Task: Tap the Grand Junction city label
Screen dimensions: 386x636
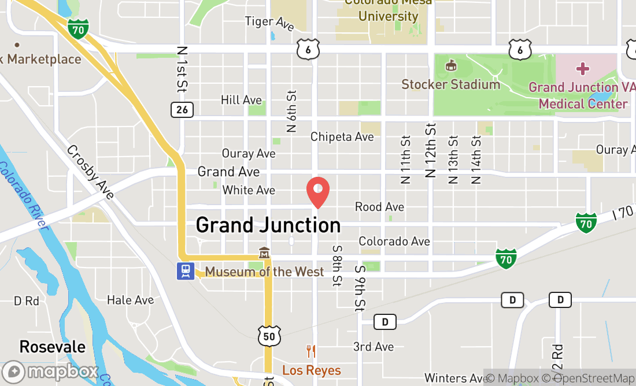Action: click(268, 225)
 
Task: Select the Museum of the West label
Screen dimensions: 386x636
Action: click(264, 272)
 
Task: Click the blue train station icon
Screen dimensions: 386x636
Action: click(185, 271)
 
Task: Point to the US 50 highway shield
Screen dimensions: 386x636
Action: click(269, 336)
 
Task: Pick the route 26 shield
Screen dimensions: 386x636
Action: click(182, 109)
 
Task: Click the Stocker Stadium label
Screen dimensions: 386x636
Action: click(451, 84)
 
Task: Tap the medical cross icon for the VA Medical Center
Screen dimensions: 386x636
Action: click(583, 69)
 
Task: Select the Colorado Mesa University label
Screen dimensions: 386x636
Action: click(388, 10)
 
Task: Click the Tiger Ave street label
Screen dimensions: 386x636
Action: click(269, 23)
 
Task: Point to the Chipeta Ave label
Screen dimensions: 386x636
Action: click(342, 137)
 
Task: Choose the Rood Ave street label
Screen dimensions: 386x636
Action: click(379, 207)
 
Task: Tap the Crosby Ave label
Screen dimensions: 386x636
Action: click(90, 172)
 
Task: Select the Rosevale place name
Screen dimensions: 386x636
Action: click(52, 347)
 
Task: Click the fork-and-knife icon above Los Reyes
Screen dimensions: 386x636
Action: click(311, 351)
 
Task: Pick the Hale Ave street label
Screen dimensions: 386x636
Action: click(131, 300)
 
